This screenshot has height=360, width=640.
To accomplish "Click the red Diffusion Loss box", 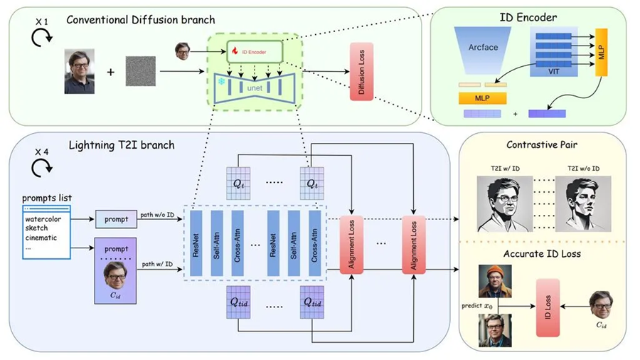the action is tap(361, 72).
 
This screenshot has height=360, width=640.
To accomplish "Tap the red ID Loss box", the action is tap(548, 308).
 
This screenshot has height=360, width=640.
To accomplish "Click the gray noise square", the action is tap(140, 71).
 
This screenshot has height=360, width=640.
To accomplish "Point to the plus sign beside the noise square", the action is tap(111, 73).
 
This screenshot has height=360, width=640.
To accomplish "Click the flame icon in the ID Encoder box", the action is tap(235, 51).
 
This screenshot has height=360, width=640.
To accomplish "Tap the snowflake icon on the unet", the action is tap(221, 82).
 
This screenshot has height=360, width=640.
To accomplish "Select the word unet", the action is tap(255, 88).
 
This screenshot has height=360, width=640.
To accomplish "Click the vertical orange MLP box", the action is tap(601, 52).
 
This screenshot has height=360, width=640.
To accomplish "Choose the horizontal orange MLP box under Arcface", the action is tap(482, 98).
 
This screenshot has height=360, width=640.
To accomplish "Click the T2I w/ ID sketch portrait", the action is tap(505, 203).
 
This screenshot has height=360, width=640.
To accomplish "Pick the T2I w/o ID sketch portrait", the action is tap(583, 203).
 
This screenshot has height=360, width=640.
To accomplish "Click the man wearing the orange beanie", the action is tap(495, 281).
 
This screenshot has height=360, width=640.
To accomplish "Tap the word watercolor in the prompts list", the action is tap(43, 219).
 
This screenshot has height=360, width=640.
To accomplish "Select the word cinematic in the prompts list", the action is tap(41, 238).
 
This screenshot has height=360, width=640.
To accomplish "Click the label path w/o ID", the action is tap(157, 215).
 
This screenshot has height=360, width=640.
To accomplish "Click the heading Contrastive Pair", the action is tap(542, 144).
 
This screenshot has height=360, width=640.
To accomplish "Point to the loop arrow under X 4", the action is tap(42, 167).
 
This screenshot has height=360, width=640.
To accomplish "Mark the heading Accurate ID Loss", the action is tap(542, 253).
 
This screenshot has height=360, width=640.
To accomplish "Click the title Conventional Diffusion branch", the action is tap(140, 20).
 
